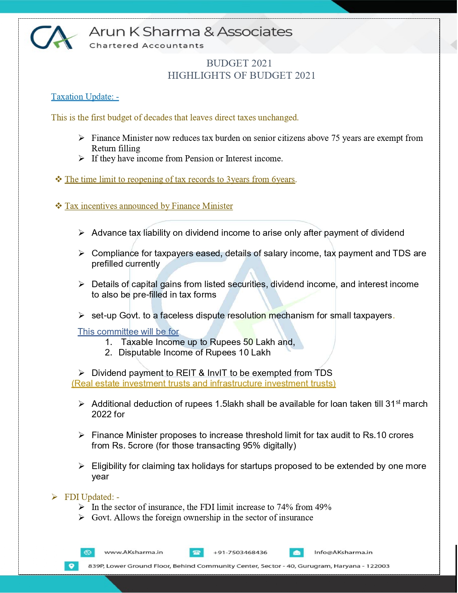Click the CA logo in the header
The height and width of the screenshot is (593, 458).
click(x=53, y=37)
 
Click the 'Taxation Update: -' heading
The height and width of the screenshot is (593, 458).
click(x=85, y=97)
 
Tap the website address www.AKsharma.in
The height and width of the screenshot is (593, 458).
click(x=134, y=552)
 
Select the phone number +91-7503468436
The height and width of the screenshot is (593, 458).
click(x=240, y=552)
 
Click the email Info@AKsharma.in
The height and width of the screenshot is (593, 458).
click(x=343, y=552)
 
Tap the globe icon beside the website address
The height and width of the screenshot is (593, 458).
click(x=88, y=552)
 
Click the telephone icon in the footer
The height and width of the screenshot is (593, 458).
click(x=196, y=552)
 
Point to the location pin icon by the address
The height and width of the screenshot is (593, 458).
click(x=71, y=566)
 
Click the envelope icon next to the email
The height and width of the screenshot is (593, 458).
click(x=297, y=552)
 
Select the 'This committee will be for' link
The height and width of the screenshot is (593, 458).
click(x=128, y=331)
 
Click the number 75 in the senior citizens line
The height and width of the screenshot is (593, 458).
click(x=336, y=138)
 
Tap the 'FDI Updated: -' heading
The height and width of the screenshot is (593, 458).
click(x=92, y=497)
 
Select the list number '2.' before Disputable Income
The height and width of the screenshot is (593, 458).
click(x=108, y=353)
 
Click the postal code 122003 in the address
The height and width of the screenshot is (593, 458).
click(x=378, y=566)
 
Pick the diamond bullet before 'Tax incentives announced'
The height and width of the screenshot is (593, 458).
click(x=59, y=206)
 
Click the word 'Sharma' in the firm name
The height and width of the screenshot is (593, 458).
click(x=171, y=32)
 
